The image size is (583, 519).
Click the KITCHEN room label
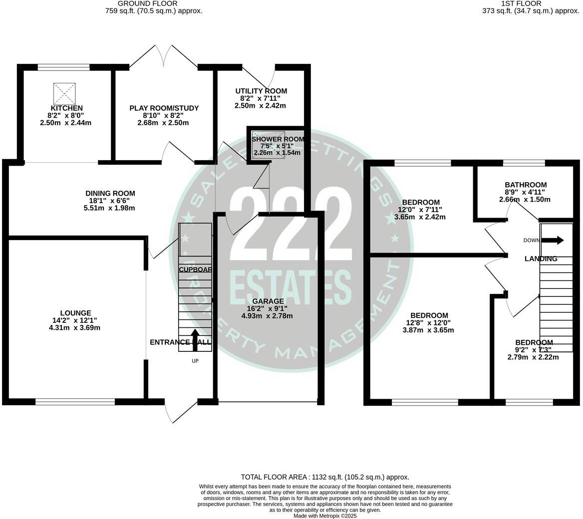66,108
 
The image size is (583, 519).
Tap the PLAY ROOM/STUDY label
164,108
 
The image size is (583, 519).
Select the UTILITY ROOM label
261,91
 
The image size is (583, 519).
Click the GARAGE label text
268,301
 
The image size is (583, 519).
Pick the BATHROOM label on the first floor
525,185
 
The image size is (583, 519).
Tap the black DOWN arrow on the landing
553,241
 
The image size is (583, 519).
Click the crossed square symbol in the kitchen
65,94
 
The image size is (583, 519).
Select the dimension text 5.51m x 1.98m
110,208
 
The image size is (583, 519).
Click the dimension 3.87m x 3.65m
429,330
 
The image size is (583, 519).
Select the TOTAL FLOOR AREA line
325,477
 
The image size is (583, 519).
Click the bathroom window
524,163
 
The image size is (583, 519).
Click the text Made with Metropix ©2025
325,516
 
